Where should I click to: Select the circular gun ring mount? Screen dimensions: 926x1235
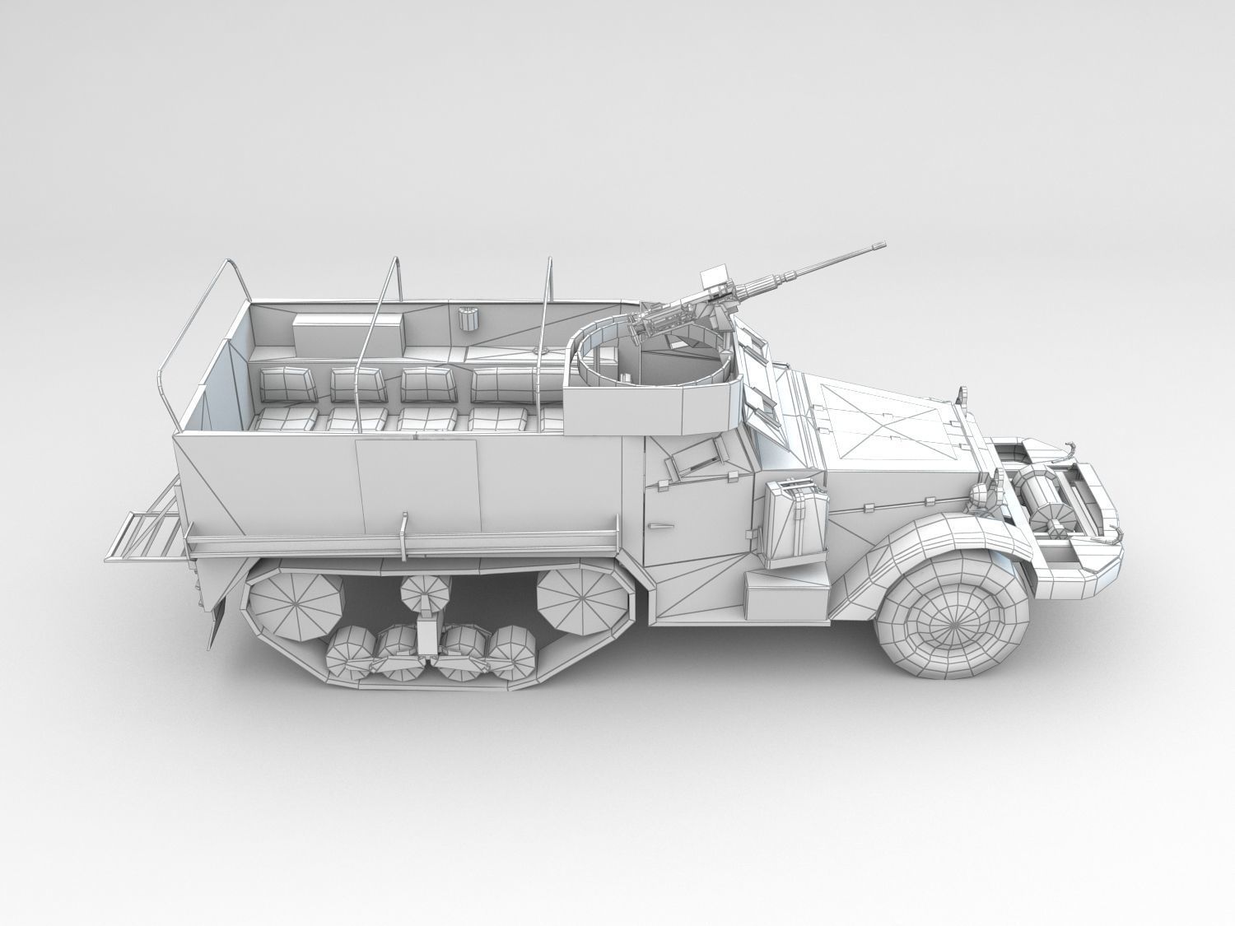[650, 354]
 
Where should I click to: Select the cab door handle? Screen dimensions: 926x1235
[659, 524]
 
